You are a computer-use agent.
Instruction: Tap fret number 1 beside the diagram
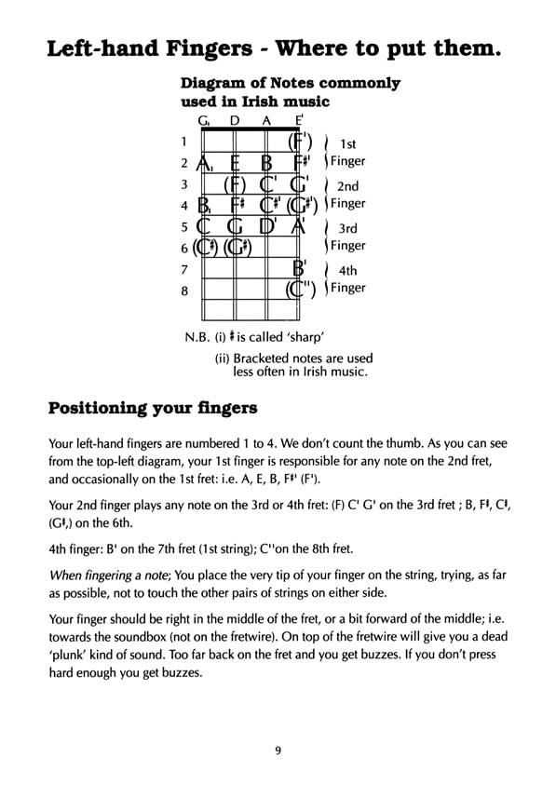pos(184,142)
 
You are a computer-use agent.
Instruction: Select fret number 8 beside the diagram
pos(184,291)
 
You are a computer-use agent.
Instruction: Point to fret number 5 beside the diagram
pos(184,226)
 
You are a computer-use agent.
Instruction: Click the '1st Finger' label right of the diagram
pos(347,153)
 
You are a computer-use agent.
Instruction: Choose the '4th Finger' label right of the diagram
pos(347,279)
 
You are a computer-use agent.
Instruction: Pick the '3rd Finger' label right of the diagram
pos(347,237)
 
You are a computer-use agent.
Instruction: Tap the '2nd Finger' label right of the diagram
pos(347,195)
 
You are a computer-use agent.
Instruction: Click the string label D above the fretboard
pos(235,120)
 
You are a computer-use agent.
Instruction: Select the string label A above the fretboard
pos(266,120)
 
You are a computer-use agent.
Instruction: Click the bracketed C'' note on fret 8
pos(301,290)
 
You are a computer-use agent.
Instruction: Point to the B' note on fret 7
pos(300,269)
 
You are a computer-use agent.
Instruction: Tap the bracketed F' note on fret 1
pos(299,142)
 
